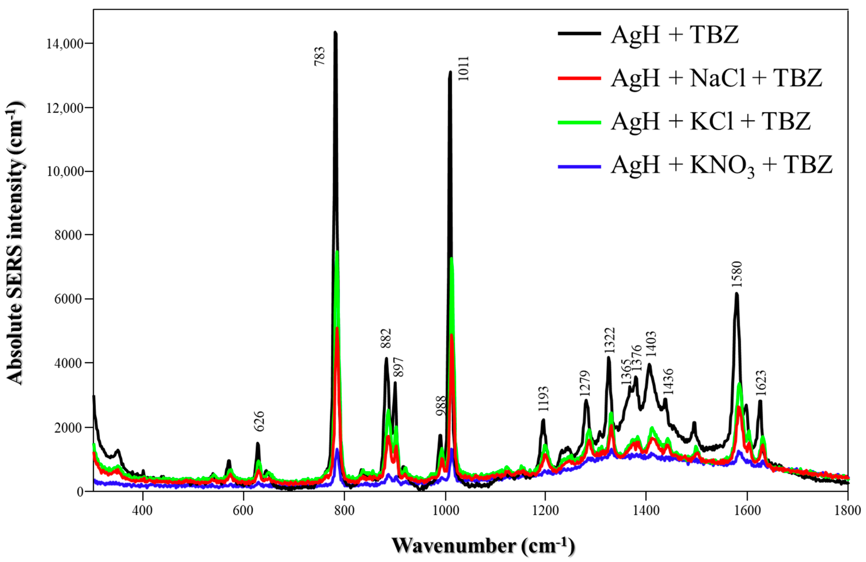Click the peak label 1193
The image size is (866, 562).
[543, 399]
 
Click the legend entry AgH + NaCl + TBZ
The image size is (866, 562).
[716, 78]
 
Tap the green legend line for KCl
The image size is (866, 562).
[579, 123]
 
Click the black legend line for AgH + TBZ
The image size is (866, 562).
[579, 34]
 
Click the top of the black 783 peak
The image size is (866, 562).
[335, 32]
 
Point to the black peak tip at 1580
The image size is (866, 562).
[736, 294]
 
